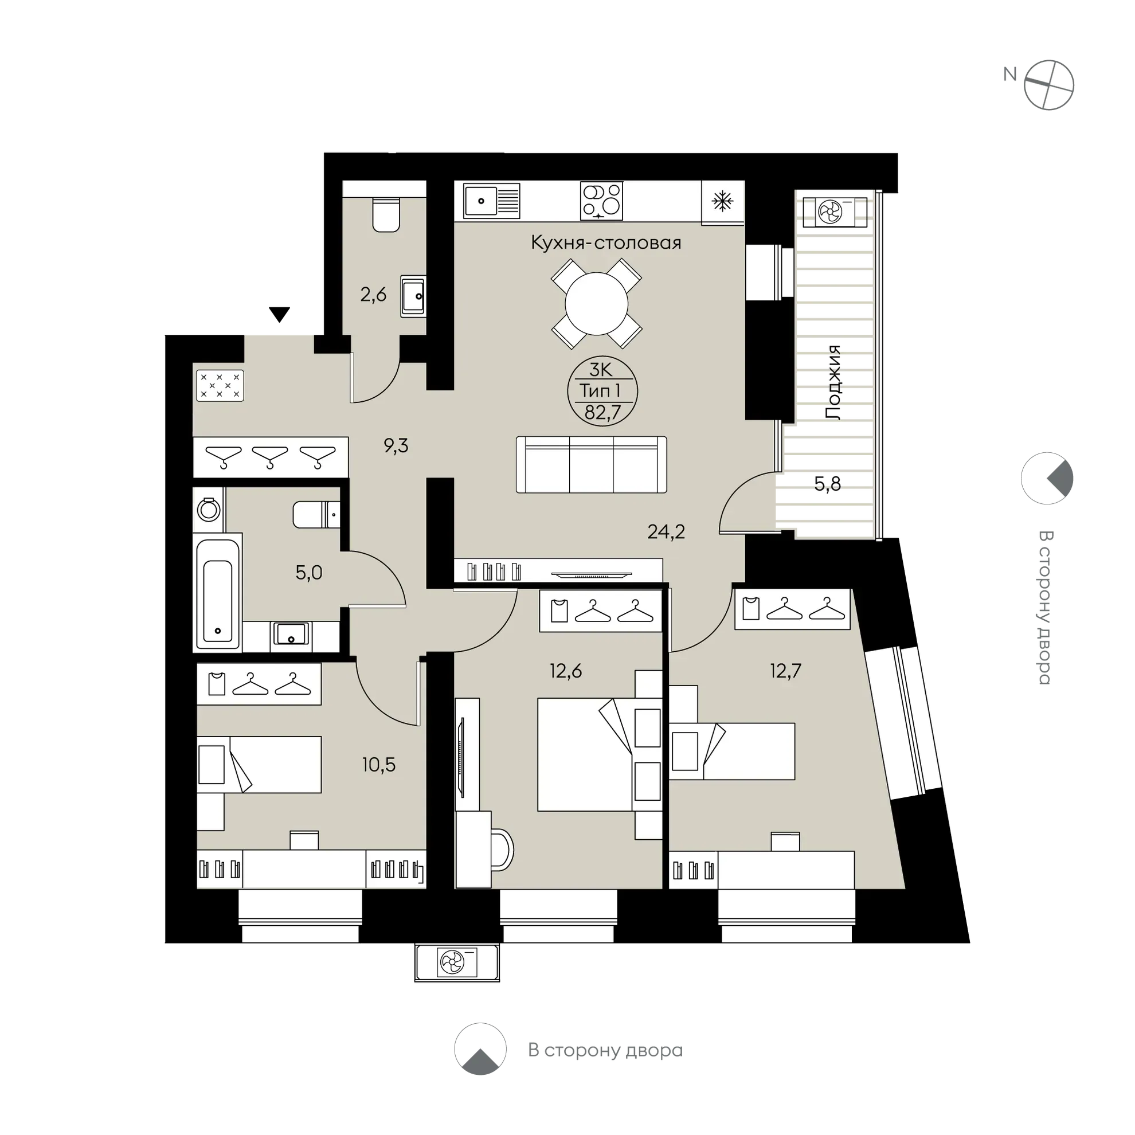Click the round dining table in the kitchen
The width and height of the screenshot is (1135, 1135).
click(x=596, y=304)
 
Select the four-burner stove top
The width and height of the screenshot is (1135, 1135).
click(x=601, y=200)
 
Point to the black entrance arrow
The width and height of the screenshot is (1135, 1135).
click(x=280, y=314)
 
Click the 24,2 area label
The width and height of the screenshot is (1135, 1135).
click(x=666, y=531)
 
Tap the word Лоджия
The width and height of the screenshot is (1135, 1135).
click(x=833, y=382)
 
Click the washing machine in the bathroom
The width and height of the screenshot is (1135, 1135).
click(x=209, y=509)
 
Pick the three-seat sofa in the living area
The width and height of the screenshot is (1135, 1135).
click(x=591, y=464)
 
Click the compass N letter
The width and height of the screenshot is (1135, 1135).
click(x=1010, y=74)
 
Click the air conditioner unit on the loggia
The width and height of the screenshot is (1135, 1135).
click(x=835, y=212)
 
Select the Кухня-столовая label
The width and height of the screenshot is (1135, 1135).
click(x=606, y=242)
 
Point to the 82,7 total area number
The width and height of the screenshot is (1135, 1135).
click(x=602, y=412)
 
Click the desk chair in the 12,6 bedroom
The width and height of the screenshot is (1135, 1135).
click(x=500, y=849)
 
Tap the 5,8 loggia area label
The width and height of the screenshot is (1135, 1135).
click(x=827, y=484)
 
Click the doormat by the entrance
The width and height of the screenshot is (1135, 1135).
click(x=219, y=385)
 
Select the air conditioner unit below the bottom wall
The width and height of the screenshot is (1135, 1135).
click(x=457, y=962)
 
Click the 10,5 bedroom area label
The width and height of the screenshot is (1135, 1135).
click(x=379, y=765)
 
